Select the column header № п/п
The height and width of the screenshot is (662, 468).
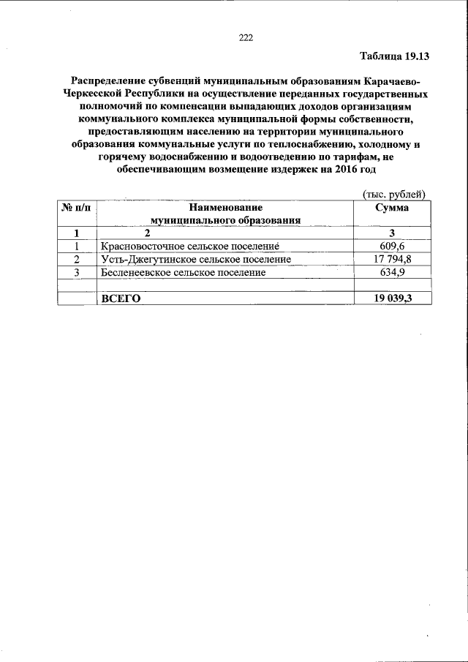click(x=77, y=208)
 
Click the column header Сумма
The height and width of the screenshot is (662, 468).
click(x=392, y=208)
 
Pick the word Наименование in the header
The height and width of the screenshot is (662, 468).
click(x=225, y=208)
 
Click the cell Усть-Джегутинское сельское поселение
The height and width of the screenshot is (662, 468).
click(x=196, y=260)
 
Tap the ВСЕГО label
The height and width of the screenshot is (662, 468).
click(x=120, y=298)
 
